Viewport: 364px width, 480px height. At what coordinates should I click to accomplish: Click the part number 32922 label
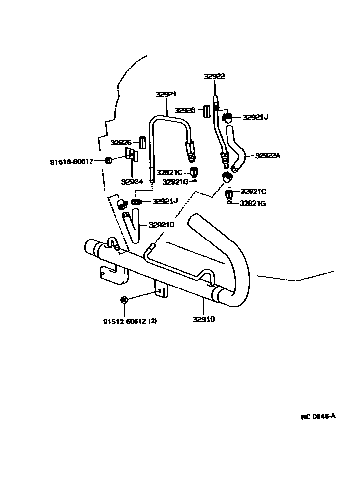[214, 76]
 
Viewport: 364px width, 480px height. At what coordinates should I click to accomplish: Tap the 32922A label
[268, 155]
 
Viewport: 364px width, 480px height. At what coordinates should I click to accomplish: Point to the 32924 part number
[132, 181]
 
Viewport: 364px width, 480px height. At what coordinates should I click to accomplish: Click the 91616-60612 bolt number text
[71, 162]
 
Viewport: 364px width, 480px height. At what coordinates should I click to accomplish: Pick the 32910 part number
[203, 319]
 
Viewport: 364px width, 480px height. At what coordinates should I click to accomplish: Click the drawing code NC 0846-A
[318, 416]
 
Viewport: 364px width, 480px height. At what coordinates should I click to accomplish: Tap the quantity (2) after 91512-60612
[152, 321]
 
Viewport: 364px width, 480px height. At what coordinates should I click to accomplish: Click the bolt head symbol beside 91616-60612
[109, 160]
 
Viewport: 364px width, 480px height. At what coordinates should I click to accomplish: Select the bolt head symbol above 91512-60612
[124, 300]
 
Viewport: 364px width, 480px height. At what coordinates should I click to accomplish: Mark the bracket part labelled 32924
[133, 155]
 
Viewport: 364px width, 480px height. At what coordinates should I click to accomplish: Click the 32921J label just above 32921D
[165, 201]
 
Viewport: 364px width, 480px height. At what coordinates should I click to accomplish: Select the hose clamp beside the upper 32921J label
[227, 117]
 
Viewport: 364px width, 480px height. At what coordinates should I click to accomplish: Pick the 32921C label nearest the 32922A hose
[253, 191]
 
